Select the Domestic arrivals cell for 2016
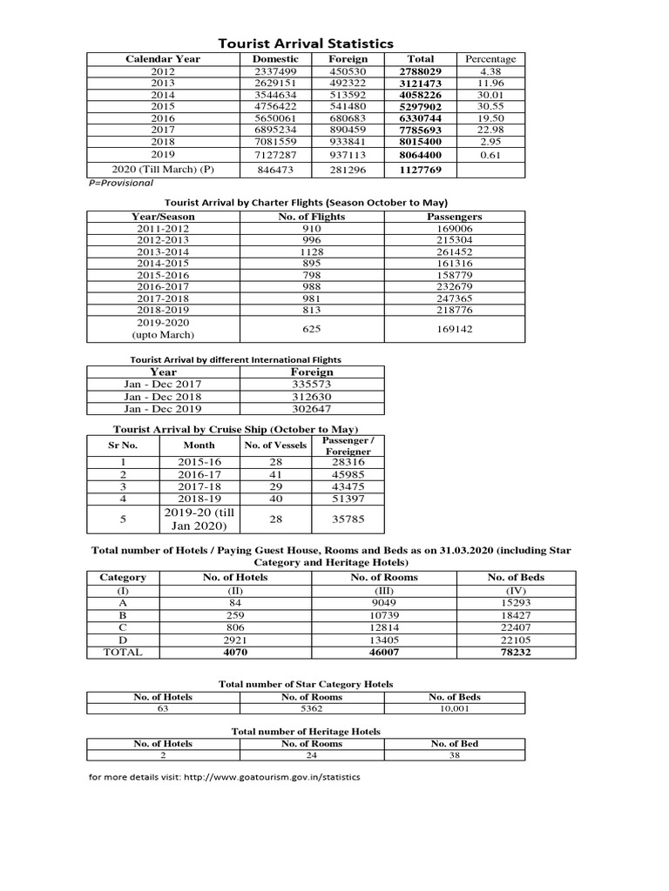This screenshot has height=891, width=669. point(274,118)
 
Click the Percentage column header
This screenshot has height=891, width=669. point(490,59)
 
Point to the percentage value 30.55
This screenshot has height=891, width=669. point(490,106)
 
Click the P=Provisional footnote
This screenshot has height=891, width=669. point(120,184)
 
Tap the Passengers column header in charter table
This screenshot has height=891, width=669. point(455,217)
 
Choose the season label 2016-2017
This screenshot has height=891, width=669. point(163,286)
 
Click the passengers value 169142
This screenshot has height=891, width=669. point(455,329)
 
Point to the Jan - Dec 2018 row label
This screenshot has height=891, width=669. point(163,396)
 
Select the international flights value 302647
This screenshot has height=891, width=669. point(311,408)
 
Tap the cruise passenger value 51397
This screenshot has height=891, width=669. point(348,499)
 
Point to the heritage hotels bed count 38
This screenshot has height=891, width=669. point(455,756)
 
